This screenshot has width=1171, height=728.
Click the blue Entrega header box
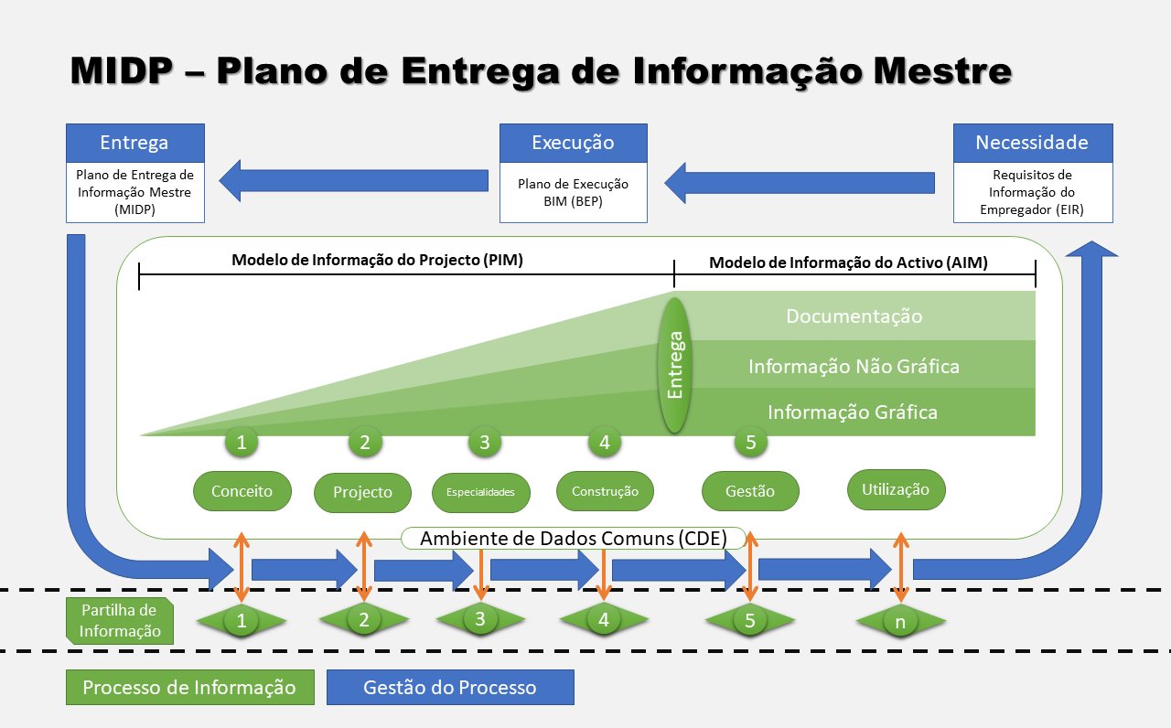pyautogui.click(x=134, y=143)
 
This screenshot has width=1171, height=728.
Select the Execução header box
pyautogui.click(x=573, y=143)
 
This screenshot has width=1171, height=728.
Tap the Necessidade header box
pyautogui.click(x=1032, y=143)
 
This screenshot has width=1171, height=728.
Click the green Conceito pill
pyautogui.click(x=242, y=491)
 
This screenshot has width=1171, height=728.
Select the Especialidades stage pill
pyautogui.click(x=480, y=492)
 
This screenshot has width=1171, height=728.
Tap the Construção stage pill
pyautogui.click(x=605, y=491)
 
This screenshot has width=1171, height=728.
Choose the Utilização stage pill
pyautogui.click(x=896, y=489)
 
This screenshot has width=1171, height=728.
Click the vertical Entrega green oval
pyautogui.click(x=675, y=365)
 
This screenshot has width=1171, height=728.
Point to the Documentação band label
pyautogui.click(x=854, y=316)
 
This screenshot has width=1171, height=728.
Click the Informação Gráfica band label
pyautogui.click(x=852, y=412)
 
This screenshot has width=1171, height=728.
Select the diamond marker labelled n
pyautogui.click(x=901, y=622)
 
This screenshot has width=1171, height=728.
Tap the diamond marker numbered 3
pyautogui.click(x=480, y=620)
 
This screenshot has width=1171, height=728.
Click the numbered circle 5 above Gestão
pyautogui.click(x=750, y=443)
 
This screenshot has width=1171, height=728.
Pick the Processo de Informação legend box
pyautogui.click(x=189, y=688)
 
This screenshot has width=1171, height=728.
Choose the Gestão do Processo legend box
pyautogui.click(x=450, y=688)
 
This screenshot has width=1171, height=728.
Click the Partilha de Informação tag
pyautogui.click(x=120, y=621)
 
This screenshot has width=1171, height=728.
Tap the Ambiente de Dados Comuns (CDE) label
pyautogui.click(x=573, y=539)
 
